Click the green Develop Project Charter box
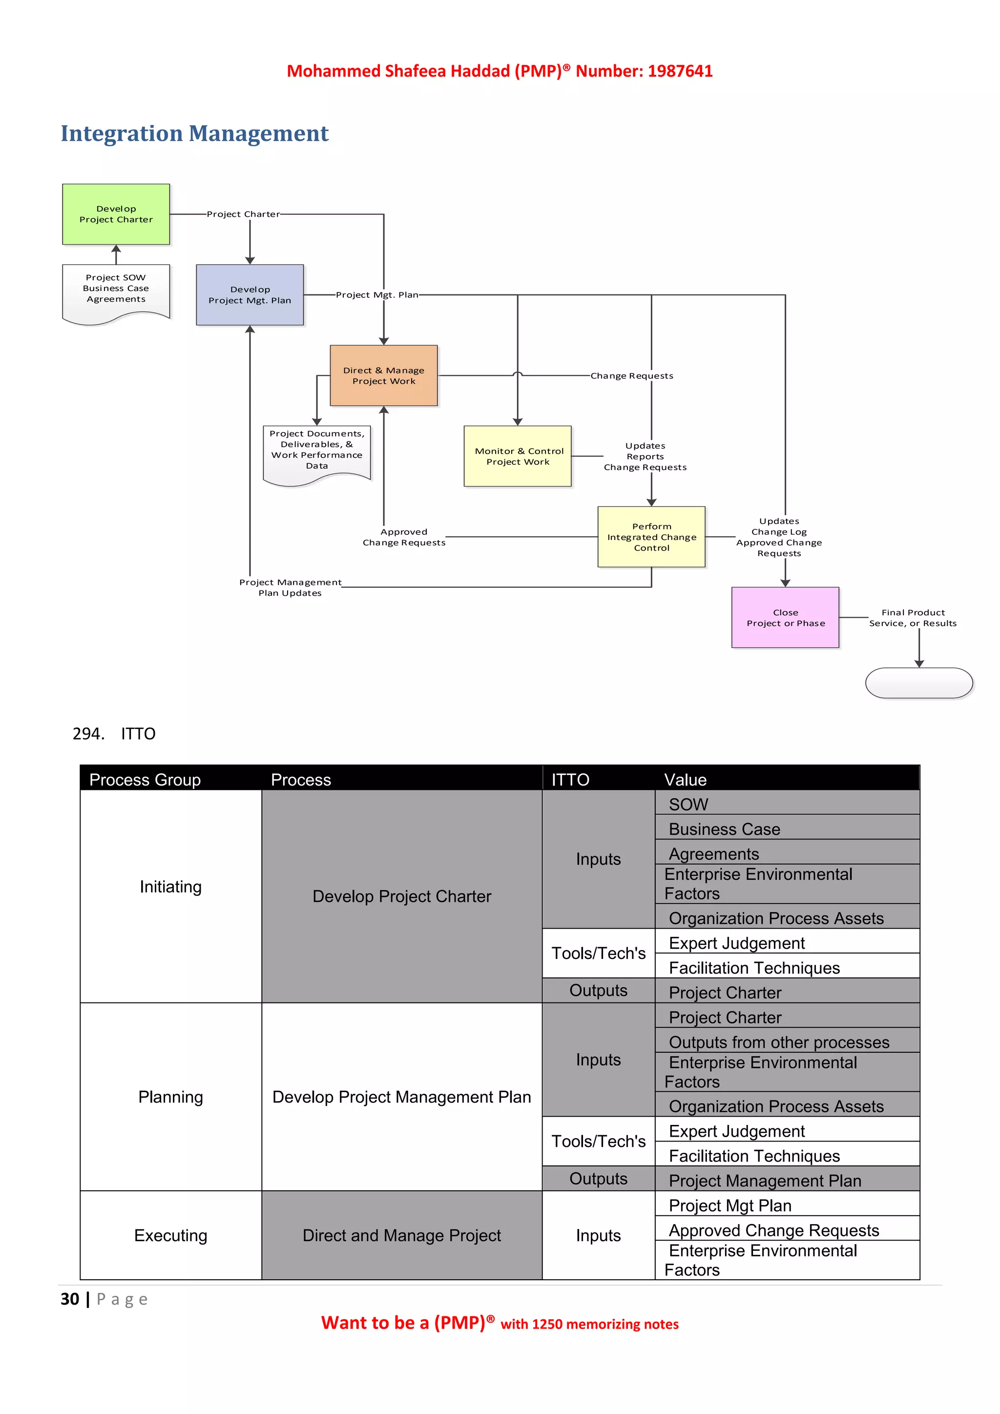[116, 214]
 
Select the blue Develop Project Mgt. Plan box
[250, 295]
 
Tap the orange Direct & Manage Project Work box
[384, 375]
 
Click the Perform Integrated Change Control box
[651, 537]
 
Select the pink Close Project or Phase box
[785, 618]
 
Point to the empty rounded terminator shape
[919, 683]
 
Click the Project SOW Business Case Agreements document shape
[116, 290]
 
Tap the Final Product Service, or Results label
[913, 618]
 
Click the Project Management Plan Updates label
[290, 587]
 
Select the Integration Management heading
[195, 134]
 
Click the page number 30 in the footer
[70, 1299]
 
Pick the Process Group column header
[145, 780]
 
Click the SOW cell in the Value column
[688, 804]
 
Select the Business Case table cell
[724, 830]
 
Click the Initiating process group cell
[170, 887]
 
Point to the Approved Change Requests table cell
[773, 1230]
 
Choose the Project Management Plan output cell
[765, 1181]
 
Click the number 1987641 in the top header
[680, 71]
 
